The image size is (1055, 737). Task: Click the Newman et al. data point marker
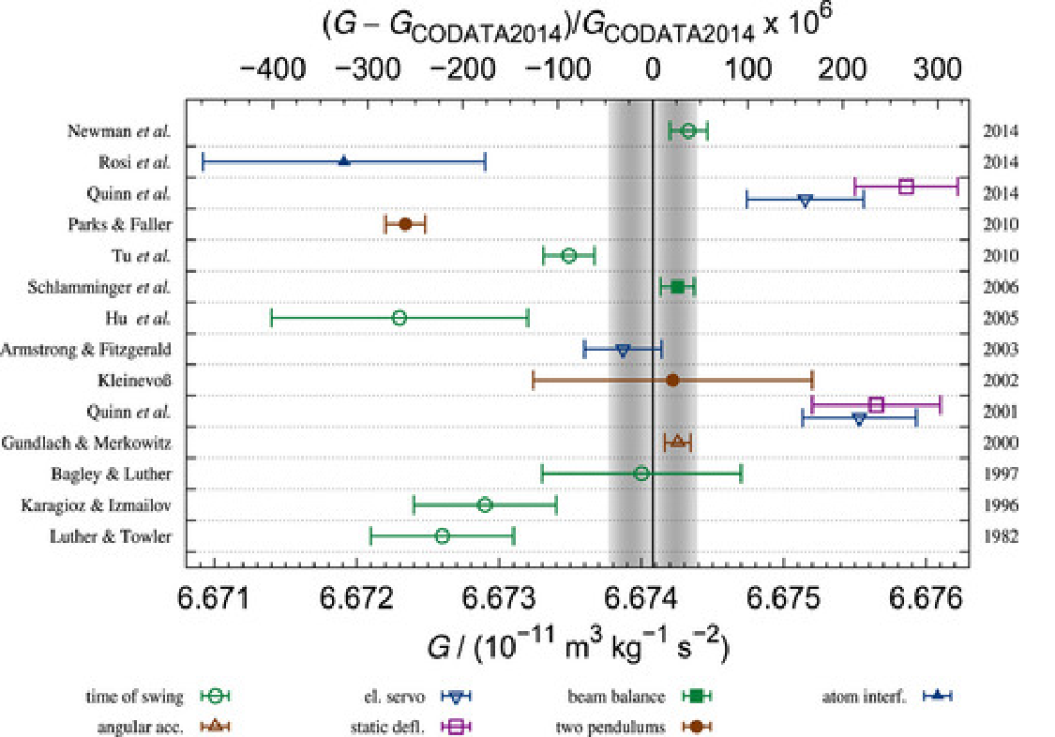[687, 130]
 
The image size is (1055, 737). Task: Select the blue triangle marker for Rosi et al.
[344, 161]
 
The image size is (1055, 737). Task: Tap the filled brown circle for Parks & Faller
[405, 224]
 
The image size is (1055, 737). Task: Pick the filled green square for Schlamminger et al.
[677, 286]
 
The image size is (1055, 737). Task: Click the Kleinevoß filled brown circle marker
[672, 380]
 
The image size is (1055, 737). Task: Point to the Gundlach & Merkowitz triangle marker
[677, 442]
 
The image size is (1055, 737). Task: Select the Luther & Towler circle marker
[442, 535]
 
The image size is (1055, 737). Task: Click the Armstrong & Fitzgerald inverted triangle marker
[623, 349]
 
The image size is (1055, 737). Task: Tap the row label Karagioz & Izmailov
[96, 505]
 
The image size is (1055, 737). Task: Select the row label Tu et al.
[141, 255]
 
